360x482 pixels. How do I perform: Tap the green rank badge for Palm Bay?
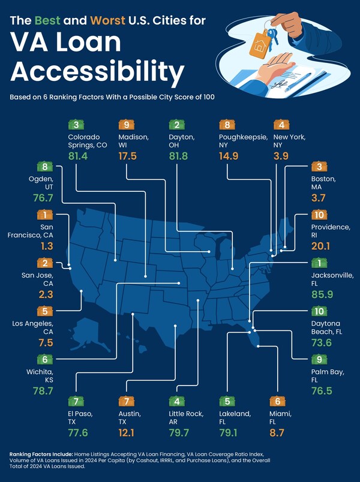click(x=318, y=359)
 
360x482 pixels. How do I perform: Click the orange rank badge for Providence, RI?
click(x=318, y=215)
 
